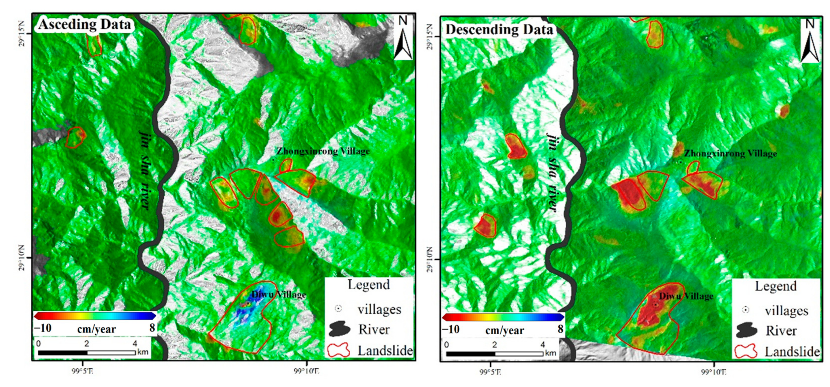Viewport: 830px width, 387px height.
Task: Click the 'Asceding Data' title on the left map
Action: click(x=84, y=24)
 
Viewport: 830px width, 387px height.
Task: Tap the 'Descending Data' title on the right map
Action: click(x=499, y=30)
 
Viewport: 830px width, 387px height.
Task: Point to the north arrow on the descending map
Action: click(x=810, y=41)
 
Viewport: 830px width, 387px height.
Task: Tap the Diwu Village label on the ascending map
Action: click(x=279, y=294)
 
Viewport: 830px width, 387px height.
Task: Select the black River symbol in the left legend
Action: click(x=340, y=329)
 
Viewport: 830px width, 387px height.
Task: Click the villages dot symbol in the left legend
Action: click(x=338, y=309)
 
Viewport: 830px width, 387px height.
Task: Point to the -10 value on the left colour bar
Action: click(x=43, y=328)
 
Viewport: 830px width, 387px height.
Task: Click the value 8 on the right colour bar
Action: click(x=561, y=329)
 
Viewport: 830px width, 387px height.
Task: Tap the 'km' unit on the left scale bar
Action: click(x=143, y=352)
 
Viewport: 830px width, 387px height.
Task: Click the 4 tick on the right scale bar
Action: click(x=543, y=345)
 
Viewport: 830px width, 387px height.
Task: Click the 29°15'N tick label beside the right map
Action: click(x=430, y=36)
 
